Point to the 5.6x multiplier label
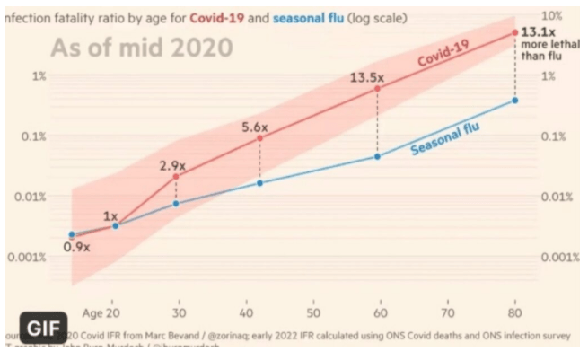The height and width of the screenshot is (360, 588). click(x=257, y=127)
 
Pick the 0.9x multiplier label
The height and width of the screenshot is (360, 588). click(x=76, y=247)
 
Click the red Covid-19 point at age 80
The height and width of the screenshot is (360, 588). click(x=514, y=32)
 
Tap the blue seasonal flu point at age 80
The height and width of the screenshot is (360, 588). click(x=514, y=100)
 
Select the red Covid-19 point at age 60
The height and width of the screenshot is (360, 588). click(x=377, y=89)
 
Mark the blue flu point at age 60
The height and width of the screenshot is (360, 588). click(x=377, y=156)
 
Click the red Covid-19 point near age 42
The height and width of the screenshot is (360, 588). click(x=260, y=138)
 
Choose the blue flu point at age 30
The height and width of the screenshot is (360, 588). click(x=176, y=203)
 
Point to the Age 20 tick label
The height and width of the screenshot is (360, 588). click(x=101, y=313)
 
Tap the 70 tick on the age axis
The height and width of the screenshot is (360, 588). click(x=447, y=313)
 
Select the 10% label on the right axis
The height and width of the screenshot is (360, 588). click(x=553, y=17)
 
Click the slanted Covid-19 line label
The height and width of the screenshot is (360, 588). click(x=445, y=61)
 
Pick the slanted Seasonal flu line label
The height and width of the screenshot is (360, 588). click(x=444, y=139)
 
